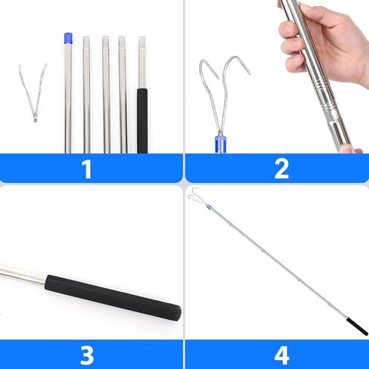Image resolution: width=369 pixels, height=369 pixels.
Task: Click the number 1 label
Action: [87, 169]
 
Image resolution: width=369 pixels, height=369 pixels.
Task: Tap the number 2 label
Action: [281, 169]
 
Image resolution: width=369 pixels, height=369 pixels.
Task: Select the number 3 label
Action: [87, 355]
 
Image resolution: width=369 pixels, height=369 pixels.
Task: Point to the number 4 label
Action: [282, 355]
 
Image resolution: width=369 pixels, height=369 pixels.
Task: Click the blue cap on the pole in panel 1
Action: [68, 39]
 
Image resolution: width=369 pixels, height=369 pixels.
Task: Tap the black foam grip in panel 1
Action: [142, 120]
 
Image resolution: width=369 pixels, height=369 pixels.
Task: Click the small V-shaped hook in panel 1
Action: [33, 93]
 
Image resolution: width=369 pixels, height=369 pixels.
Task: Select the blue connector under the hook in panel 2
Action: [220, 144]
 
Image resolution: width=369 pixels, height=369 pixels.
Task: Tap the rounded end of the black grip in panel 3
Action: [177, 313]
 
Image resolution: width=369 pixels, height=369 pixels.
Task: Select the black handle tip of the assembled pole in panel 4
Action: [357, 327]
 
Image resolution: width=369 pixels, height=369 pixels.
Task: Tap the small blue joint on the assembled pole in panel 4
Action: [208, 206]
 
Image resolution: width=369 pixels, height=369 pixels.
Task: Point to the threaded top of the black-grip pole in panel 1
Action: [142, 42]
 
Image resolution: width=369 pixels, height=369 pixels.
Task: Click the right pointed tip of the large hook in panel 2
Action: [250, 73]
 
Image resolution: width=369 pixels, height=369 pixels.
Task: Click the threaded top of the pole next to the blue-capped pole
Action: [86, 42]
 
